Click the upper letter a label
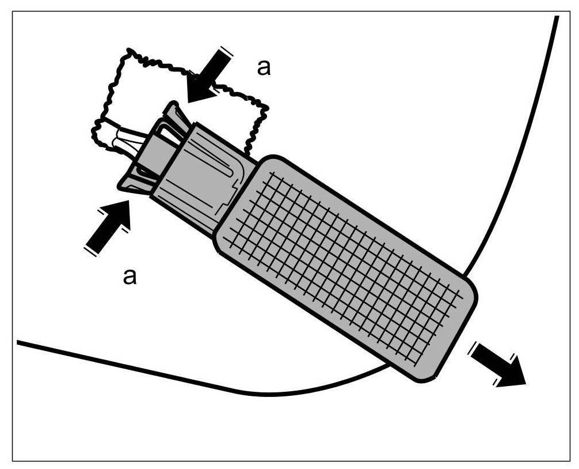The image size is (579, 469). tap(263, 68)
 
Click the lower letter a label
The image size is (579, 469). tap(131, 277)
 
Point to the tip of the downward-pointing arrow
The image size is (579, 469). tap(189, 101)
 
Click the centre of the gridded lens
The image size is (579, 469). tap(345, 267)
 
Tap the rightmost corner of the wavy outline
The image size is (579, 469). tap(267, 107)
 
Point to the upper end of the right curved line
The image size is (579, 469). tap(557, 17)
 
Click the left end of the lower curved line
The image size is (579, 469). tap(18, 342)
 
